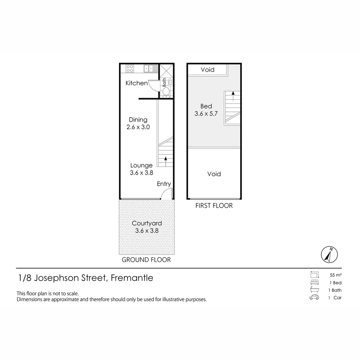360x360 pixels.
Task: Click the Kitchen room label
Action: coord(136,83)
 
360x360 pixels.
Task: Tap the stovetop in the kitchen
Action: coord(130,69)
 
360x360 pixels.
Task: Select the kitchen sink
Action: coord(149,69)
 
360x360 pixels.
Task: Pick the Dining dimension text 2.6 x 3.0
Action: coord(138,127)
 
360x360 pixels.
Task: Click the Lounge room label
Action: coord(141,165)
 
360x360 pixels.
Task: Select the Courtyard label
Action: coord(147,223)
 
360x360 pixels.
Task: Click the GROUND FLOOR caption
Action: coord(146,260)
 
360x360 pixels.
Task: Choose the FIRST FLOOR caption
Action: coord(214,206)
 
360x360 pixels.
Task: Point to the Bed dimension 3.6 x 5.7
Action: coord(206,114)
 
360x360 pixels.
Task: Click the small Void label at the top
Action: coord(207,70)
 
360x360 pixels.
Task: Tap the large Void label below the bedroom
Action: coord(214,174)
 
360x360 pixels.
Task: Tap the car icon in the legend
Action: coord(314,298)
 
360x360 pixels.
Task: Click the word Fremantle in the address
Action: coord(132,278)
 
